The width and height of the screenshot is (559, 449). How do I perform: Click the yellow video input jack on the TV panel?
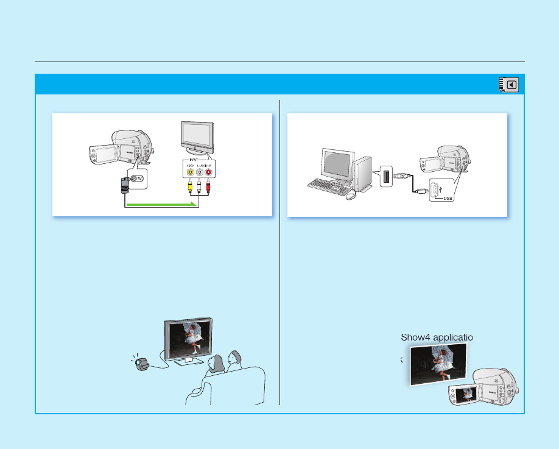click(191, 172)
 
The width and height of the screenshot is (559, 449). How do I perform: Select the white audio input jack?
click(199, 172)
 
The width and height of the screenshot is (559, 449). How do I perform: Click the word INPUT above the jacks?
click(199, 160)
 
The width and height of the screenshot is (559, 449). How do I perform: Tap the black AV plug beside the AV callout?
click(125, 183)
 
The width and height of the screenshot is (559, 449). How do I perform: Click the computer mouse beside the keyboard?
click(350, 196)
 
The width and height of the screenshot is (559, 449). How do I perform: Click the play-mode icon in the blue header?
click(510, 85)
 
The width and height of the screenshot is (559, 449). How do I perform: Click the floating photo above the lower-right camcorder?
click(438, 364)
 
